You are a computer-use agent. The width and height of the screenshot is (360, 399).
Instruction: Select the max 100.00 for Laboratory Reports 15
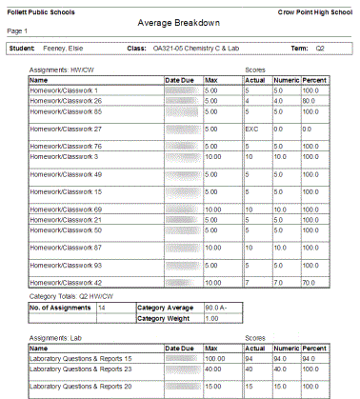coord(218,359)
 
